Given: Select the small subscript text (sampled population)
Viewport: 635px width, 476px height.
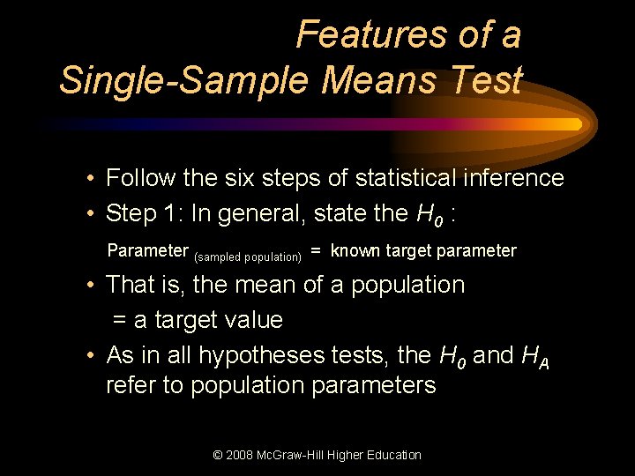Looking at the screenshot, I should click(x=248, y=257).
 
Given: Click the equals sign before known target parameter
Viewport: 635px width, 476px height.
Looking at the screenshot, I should click(x=314, y=251).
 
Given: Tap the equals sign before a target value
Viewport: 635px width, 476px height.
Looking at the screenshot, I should click(x=119, y=321).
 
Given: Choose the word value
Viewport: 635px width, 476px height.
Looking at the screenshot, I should click(x=254, y=320).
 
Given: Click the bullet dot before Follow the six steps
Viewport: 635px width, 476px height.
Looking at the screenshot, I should click(x=91, y=179).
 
